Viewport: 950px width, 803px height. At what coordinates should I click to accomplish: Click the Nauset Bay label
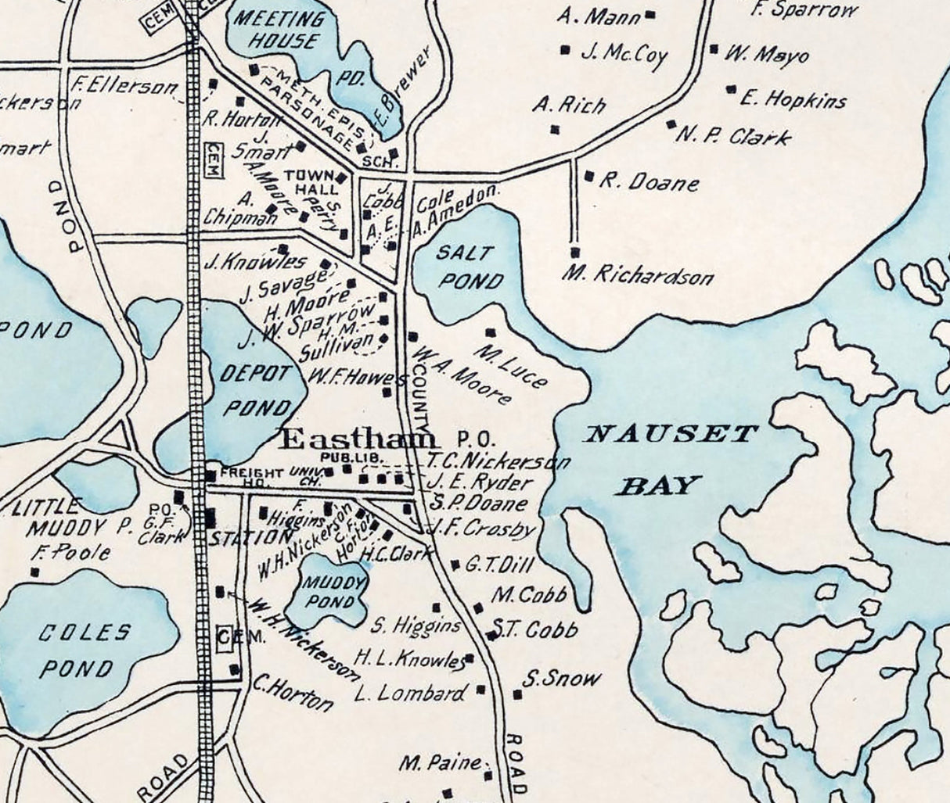click(x=671, y=458)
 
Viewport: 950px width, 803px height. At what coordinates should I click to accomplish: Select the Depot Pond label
click(x=254, y=390)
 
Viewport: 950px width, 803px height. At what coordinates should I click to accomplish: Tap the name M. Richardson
click(x=638, y=275)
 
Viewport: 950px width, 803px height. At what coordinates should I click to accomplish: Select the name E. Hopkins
click(x=793, y=99)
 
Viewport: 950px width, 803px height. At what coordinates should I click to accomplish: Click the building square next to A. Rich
click(x=555, y=129)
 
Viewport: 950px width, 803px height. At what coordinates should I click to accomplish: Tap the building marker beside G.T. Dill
click(x=455, y=565)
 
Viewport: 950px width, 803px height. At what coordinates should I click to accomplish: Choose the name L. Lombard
click(x=409, y=693)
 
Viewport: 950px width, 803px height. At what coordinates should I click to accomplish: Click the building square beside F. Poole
click(x=34, y=572)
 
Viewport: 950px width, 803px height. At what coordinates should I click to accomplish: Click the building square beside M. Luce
click(x=491, y=332)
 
